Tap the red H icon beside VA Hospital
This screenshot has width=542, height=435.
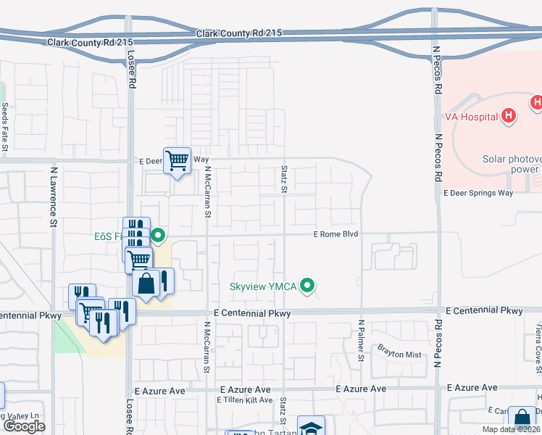[x=509, y=115]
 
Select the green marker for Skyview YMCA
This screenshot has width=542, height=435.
[x=308, y=286]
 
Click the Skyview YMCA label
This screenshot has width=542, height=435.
[x=264, y=286]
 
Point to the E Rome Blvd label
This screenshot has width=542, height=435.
[x=336, y=234]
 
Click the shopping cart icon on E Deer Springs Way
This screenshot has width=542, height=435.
[x=177, y=159]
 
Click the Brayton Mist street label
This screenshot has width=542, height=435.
[x=399, y=354]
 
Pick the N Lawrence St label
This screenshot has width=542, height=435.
[x=53, y=197]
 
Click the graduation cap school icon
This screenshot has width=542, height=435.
[x=311, y=428]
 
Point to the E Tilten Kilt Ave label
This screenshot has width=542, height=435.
[x=245, y=400]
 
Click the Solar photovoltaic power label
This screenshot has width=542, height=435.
[x=512, y=164]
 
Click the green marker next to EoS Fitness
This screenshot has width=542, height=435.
[x=158, y=235]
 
